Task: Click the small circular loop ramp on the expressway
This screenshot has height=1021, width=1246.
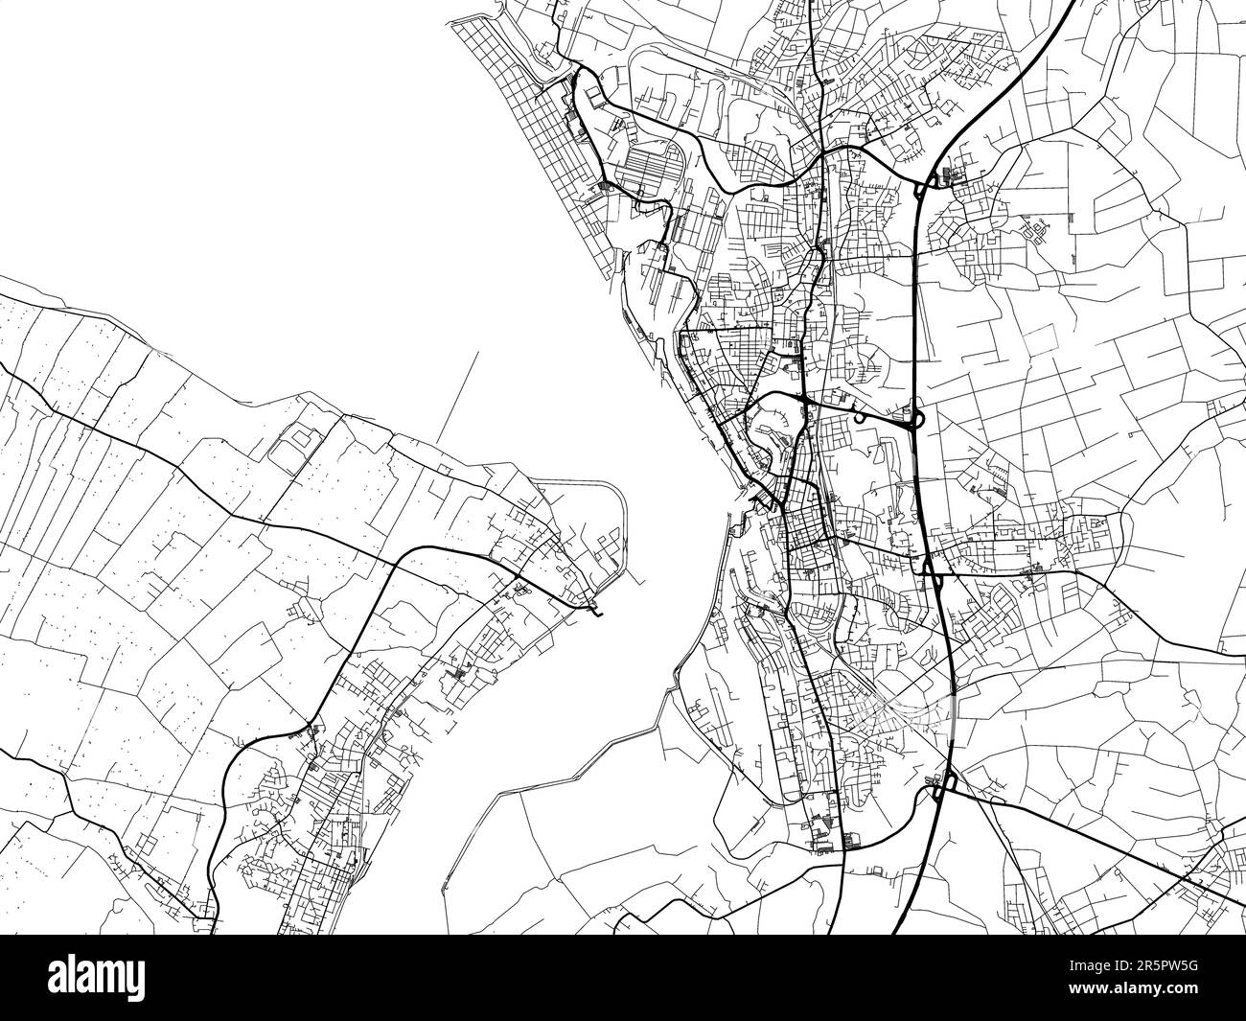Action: pyautogui.click(x=860, y=418)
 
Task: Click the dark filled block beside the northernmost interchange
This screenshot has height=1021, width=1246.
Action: pyautogui.click(x=948, y=174)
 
